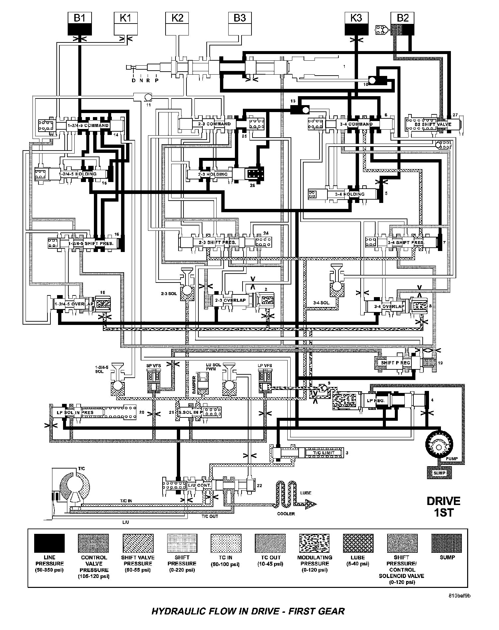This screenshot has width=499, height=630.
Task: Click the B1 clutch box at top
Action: tap(79, 24)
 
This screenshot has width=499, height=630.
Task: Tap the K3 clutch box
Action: tap(356, 24)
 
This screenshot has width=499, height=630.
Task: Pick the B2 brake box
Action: tap(402, 24)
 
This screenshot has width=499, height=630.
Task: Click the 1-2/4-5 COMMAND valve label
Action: tap(88, 125)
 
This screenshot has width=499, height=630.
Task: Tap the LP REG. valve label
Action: tap(375, 401)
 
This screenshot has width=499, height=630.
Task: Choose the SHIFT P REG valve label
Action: tap(395, 362)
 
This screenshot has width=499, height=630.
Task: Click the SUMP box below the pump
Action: tap(440, 473)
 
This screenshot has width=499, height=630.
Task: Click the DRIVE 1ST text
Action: tap(443, 506)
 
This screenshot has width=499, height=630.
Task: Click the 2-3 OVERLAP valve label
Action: tap(230, 300)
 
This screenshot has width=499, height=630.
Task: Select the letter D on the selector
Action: tap(133, 80)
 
